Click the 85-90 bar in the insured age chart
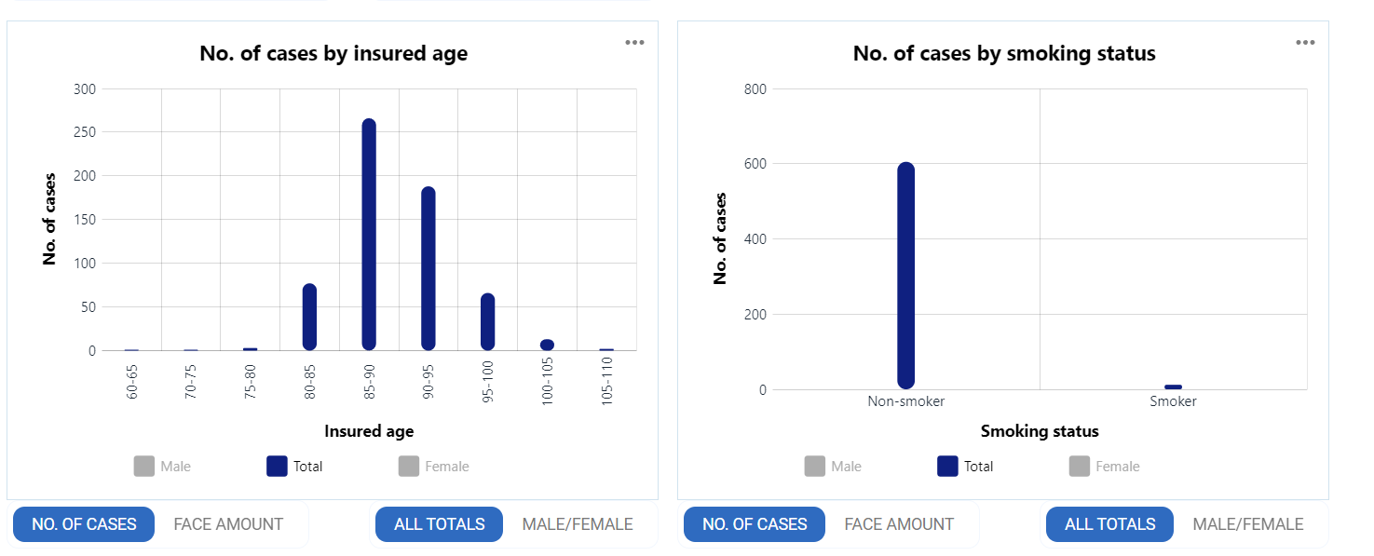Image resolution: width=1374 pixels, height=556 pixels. click(369, 235)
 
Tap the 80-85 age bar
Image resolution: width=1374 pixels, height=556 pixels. click(309, 317)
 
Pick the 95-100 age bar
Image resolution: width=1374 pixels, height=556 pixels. click(487, 321)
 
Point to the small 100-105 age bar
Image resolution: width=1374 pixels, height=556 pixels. click(547, 345)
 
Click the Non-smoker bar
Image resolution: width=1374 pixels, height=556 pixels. click(905, 276)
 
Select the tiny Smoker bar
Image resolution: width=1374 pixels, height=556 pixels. click(1173, 386)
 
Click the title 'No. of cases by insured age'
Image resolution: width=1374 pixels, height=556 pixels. click(333, 54)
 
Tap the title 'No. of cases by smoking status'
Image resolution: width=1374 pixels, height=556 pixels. click(1004, 54)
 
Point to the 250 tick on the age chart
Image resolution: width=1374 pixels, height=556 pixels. click(85, 132)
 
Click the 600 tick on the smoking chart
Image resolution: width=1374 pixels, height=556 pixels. click(755, 164)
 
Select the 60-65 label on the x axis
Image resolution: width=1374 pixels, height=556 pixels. click(132, 382)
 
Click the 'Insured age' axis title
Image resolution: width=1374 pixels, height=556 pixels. click(369, 431)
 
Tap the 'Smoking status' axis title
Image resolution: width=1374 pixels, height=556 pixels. click(1040, 431)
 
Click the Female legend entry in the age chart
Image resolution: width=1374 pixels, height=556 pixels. click(434, 467)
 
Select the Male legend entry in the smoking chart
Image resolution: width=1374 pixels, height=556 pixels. click(833, 467)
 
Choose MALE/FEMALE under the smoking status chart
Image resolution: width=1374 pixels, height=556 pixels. click(1247, 524)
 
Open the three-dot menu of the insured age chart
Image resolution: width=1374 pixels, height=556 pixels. click(634, 43)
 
